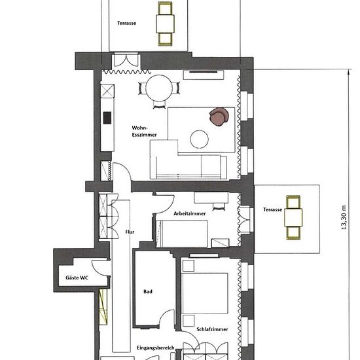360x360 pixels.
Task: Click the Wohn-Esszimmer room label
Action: click(x=144, y=132)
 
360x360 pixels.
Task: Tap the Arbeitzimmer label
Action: click(x=189, y=213)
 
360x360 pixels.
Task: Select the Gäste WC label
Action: click(x=77, y=278)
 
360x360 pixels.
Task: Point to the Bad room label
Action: click(x=148, y=291)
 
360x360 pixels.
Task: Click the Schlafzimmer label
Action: click(x=212, y=329)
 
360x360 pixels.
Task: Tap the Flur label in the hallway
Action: click(x=130, y=232)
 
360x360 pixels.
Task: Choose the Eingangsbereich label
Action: click(x=156, y=348)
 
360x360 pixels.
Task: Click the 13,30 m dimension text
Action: click(x=344, y=217)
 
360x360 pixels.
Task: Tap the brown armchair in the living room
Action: click(x=219, y=117)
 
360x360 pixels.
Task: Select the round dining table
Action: click(x=159, y=88)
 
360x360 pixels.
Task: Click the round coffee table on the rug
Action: click(x=199, y=139)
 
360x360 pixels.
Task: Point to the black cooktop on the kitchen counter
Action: click(x=107, y=118)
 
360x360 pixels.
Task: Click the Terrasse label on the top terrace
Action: click(x=126, y=23)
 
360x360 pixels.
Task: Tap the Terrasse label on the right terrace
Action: click(x=272, y=209)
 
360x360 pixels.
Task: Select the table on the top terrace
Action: click(x=165, y=24)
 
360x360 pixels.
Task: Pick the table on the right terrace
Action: click(x=293, y=218)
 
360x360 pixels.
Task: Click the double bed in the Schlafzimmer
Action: click(x=204, y=293)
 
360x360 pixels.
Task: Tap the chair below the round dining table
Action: click(x=159, y=105)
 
